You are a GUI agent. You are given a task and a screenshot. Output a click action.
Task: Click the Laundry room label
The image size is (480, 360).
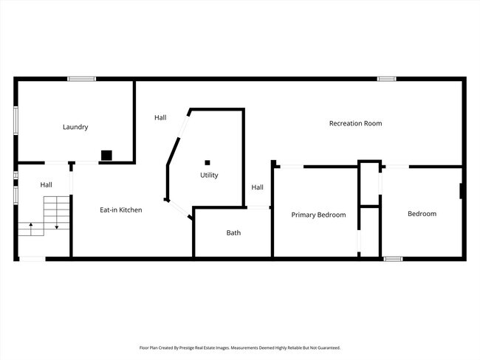(x=75, y=127)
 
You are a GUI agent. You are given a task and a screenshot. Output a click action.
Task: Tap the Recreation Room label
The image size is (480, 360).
(x=355, y=123)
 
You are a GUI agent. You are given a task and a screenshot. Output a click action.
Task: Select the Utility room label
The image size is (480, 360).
(x=209, y=175)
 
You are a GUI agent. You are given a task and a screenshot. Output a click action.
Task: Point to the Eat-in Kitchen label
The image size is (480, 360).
(x=121, y=210)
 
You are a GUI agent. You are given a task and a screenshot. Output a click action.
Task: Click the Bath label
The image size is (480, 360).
(x=233, y=233)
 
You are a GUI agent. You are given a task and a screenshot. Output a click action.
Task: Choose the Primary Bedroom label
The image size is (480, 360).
(x=318, y=215)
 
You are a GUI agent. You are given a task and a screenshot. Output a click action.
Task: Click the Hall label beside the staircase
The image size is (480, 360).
(x=46, y=184)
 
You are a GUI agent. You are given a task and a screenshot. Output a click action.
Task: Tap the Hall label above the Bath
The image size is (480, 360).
(x=257, y=187)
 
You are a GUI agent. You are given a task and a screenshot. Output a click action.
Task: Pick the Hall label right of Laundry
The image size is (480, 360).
(x=160, y=117)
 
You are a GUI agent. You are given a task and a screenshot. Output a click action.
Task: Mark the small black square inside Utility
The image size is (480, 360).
(x=208, y=162)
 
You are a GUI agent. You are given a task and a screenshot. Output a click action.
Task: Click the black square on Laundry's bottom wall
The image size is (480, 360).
(x=106, y=155)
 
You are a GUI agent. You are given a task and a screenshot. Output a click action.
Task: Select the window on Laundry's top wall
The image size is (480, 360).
(x=81, y=79)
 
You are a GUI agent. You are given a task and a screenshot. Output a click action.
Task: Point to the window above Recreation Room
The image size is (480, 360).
(x=386, y=79)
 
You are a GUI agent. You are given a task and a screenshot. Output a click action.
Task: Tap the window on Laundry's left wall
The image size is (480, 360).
(x=16, y=121)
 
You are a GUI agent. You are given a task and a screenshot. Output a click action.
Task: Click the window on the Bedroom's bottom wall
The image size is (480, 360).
(x=393, y=259)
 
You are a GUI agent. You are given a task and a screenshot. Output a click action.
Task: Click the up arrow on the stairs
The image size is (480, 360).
(x=30, y=226)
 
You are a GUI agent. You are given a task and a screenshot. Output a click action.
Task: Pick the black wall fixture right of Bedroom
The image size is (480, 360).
(x=462, y=191)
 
